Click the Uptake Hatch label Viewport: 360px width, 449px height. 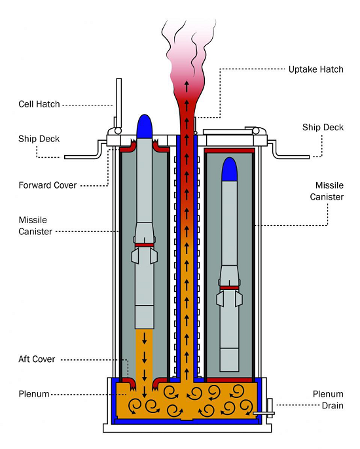315,69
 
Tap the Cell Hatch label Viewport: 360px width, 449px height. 39,104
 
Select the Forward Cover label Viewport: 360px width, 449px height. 48,185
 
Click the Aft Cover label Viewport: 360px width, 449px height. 37,359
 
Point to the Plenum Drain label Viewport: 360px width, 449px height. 328,400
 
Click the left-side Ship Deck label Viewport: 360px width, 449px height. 39,139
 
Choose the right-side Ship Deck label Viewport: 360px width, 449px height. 323,127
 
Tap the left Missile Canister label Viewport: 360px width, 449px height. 35,226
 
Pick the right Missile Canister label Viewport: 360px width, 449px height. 327,191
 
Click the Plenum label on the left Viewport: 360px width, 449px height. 34,394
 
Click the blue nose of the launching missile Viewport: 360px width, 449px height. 145,126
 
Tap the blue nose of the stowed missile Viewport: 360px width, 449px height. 230,170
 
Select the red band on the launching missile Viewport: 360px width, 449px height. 145,245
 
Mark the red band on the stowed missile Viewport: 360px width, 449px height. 229,288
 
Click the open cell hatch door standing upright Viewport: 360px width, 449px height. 118,103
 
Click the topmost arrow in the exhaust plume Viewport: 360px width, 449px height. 187,86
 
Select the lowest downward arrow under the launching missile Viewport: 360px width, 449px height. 145,391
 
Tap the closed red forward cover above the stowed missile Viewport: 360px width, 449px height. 229,151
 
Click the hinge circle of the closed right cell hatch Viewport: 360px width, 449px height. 256,131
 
